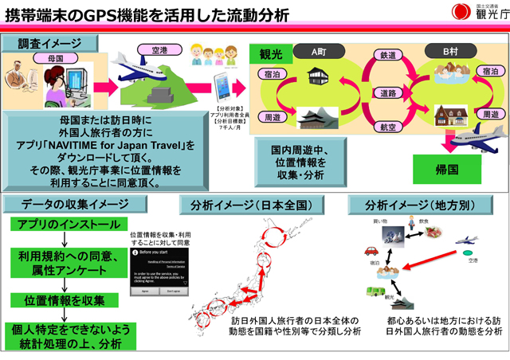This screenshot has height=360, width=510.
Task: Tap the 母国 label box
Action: click(47, 58)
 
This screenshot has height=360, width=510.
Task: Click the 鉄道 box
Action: click(388, 56)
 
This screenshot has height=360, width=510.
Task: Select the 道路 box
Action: click(388, 93)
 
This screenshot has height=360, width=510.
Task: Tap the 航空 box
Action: click(388, 127)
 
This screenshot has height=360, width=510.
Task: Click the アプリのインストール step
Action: click(64, 226)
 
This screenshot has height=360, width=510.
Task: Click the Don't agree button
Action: click(175, 292)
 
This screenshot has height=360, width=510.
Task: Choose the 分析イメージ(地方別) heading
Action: click(423, 205)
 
